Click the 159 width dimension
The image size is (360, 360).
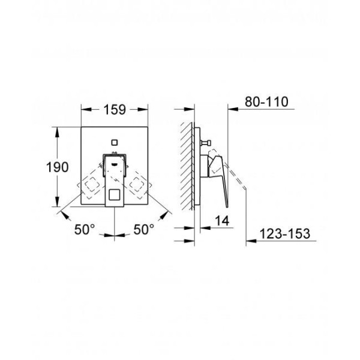click(115, 110)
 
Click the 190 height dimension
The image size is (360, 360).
click(58, 167)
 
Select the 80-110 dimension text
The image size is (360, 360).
click(266, 102)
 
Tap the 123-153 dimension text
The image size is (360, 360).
click(284, 233)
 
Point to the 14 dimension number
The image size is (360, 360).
click(222, 221)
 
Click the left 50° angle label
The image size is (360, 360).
click(85, 229)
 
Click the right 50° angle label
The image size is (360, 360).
click(144, 229)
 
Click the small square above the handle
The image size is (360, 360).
click(115, 142)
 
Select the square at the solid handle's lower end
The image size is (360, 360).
click(115, 194)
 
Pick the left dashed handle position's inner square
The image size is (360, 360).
click(92, 185)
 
